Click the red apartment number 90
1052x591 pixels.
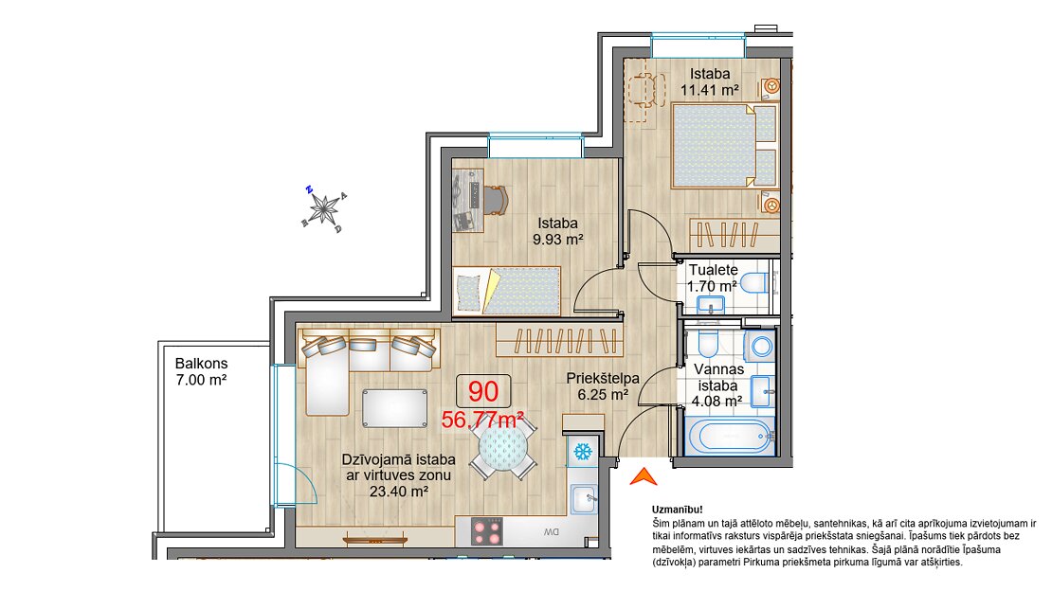point(483,391)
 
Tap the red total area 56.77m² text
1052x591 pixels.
point(482,420)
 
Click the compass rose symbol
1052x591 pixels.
point(325,209)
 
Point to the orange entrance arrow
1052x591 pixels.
point(644,476)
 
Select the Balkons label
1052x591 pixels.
point(201,364)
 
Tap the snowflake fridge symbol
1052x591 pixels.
point(582,451)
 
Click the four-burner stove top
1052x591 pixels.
point(487,531)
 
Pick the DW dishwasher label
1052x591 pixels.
point(551,532)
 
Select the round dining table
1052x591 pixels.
point(503,447)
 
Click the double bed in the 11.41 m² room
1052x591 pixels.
point(724,145)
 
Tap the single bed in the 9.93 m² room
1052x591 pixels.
point(506,291)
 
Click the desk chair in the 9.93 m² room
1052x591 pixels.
point(495,199)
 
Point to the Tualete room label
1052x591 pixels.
point(714,270)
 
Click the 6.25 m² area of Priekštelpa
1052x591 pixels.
point(603,394)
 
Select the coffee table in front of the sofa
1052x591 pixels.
point(394,407)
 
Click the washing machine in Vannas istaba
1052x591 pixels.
point(760,346)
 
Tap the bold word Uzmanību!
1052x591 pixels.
point(677,510)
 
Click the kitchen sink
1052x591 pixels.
point(583,500)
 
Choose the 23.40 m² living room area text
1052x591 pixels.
point(399,491)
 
